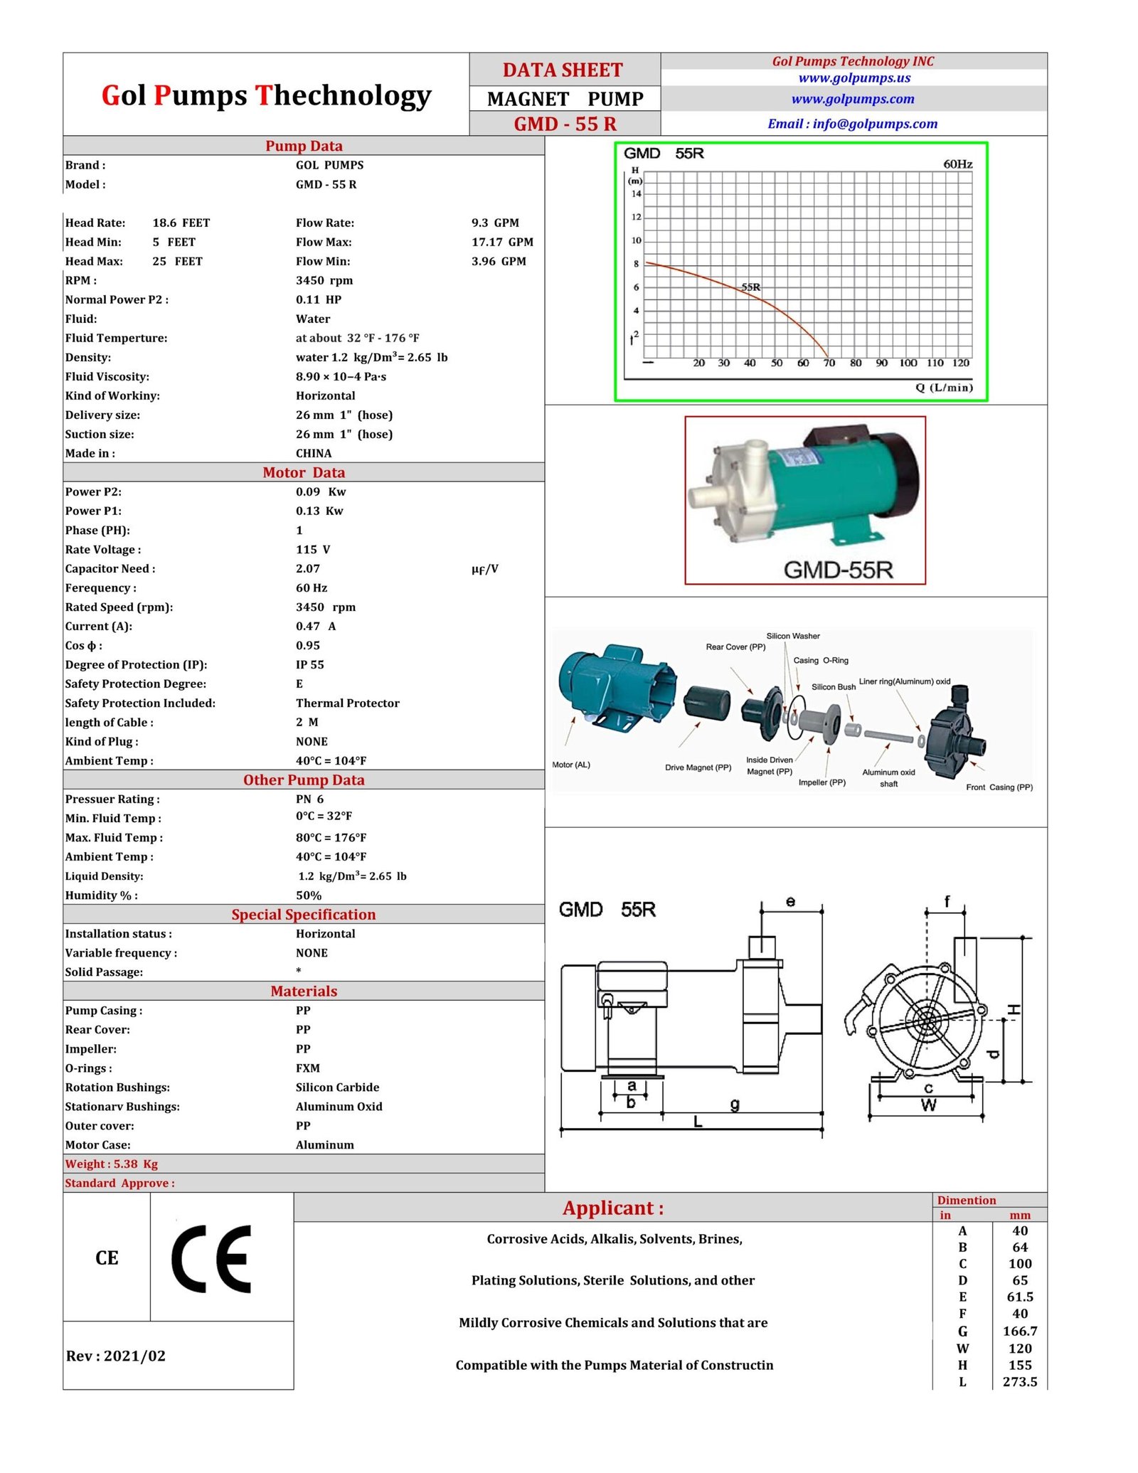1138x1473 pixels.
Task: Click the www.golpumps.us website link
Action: coord(854,78)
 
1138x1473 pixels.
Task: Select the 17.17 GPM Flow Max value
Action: coord(501,242)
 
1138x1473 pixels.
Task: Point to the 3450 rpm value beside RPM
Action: coord(324,280)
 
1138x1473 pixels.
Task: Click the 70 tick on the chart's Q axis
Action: coord(829,363)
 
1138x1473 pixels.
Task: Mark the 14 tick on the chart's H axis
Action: coord(636,193)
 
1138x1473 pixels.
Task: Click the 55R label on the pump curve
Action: coord(750,287)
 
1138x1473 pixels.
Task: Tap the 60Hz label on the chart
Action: coord(957,164)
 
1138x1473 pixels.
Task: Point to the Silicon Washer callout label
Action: coord(792,636)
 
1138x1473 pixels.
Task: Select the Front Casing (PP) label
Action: coord(999,787)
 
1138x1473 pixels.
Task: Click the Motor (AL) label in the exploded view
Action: coord(570,765)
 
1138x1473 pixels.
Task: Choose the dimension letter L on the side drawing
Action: coord(698,1122)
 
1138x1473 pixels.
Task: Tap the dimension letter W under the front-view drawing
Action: coord(928,1105)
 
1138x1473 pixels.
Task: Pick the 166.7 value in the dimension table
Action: coord(1019,1331)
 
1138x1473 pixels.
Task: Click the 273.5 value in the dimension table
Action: coord(1019,1382)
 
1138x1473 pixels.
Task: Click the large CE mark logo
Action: coord(212,1258)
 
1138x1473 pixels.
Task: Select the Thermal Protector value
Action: coord(347,703)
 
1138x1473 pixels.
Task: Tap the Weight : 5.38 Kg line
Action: coord(111,1164)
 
